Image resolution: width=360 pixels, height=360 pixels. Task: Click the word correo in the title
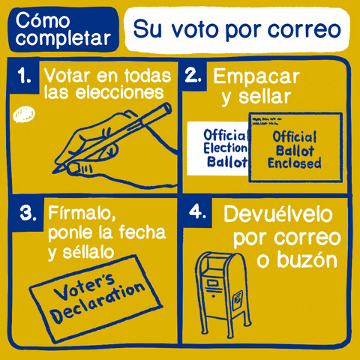coord(304,31)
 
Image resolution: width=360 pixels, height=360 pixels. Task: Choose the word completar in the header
coord(62,37)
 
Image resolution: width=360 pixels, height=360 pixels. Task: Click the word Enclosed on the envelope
coord(294,163)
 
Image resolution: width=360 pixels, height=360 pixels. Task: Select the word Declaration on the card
coord(101,301)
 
